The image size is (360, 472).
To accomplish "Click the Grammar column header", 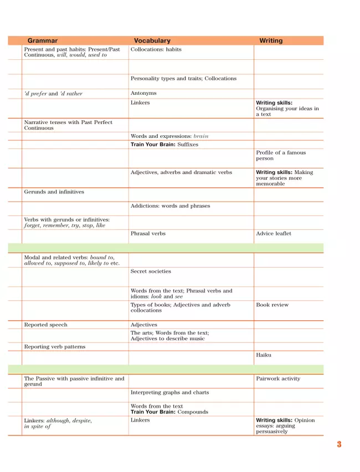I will [x=43, y=40].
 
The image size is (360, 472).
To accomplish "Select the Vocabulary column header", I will [x=152, y=40].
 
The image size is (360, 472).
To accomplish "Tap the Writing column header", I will [x=271, y=40].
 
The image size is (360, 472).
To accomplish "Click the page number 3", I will [x=339, y=444].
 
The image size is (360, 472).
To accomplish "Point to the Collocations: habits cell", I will [x=156, y=50].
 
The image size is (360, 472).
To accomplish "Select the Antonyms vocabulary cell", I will [x=143, y=94].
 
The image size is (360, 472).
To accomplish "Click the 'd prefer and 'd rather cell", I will [x=53, y=94].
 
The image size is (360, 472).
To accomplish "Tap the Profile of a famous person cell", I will [x=281, y=156].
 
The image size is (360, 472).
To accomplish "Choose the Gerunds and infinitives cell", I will [x=54, y=192].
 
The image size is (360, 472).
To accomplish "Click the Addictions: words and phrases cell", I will [x=171, y=206].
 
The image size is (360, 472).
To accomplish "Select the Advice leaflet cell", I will [x=274, y=234].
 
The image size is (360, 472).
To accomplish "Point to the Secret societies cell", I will [x=151, y=271].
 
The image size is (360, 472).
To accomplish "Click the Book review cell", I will [x=272, y=305].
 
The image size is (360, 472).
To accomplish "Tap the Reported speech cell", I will [x=46, y=325].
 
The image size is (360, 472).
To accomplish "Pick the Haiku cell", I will [x=264, y=355].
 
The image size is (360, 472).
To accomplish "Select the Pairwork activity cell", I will [x=278, y=379].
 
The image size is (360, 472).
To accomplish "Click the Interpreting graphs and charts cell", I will [x=170, y=393].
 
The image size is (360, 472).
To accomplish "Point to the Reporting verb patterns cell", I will [x=55, y=347].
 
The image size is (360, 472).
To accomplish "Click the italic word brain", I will [x=201, y=136].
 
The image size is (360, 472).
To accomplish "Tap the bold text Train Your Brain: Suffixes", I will [x=164, y=145].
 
